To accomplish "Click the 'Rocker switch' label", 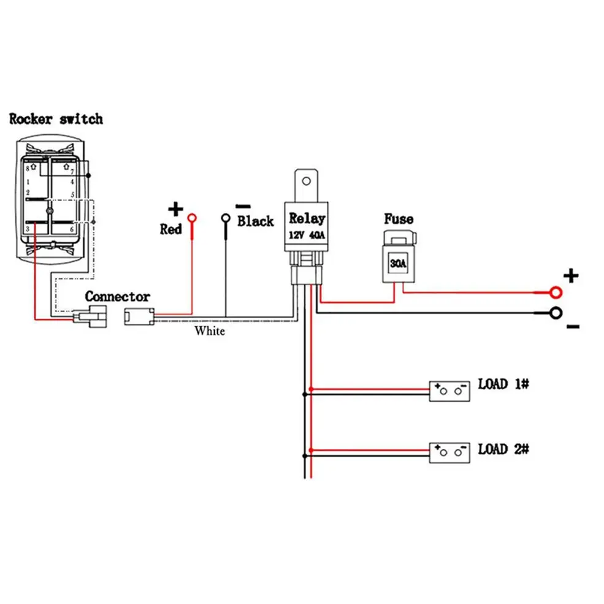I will (56, 119).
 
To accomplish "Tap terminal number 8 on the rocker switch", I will (28, 167).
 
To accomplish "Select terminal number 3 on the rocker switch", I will (28, 228).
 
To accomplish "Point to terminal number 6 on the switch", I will (72, 228).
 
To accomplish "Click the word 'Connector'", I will (117, 297).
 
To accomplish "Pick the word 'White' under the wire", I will (210, 332).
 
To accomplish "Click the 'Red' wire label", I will (171, 229).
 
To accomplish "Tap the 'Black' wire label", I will (255, 221).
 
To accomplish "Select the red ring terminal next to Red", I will (192, 217).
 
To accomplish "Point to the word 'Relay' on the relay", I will (307, 218).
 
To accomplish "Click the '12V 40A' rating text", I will (307, 235).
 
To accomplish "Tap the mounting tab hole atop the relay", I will (308, 180).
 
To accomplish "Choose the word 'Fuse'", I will (399, 219).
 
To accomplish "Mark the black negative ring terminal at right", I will (556, 313).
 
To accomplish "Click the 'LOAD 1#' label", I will (503, 384).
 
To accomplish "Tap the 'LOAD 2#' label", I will (503, 449).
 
